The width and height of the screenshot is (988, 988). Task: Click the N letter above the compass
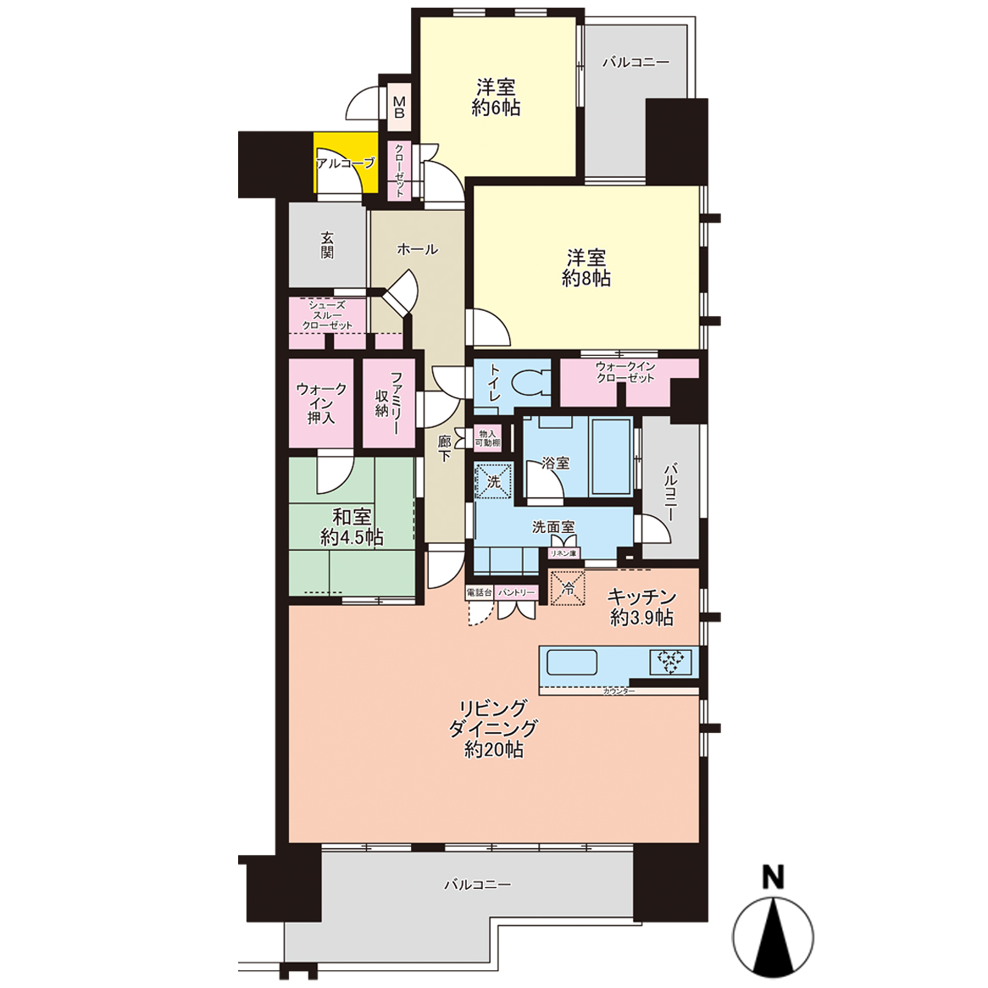click(x=773, y=877)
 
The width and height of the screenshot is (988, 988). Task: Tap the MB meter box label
click(x=399, y=107)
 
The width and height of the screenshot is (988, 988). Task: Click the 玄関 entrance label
click(x=327, y=245)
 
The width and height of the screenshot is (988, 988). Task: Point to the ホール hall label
click(x=417, y=249)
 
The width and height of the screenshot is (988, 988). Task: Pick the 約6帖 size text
click(x=496, y=108)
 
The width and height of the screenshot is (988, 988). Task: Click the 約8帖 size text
click(x=586, y=278)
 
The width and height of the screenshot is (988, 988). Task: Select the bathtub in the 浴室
click(x=611, y=457)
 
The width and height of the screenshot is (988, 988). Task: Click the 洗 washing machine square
click(x=493, y=481)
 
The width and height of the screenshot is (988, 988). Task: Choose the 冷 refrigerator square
click(x=568, y=588)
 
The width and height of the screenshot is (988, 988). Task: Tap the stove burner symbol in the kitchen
click(x=670, y=663)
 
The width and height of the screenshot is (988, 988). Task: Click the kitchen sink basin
click(x=571, y=663)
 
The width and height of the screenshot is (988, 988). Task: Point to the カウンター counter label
click(x=619, y=691)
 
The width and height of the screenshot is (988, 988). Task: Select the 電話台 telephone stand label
click(x=479, y=593)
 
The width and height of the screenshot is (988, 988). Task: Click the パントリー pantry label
click(x=516, y=593)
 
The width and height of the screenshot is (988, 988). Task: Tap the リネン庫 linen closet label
click(x=563, y=553)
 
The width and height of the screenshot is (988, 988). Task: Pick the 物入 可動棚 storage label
click(x=488, y=438)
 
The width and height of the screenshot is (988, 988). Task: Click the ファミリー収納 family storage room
click(x=389, y=402)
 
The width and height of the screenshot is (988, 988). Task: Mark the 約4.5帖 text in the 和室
click(x=352, y=537)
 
